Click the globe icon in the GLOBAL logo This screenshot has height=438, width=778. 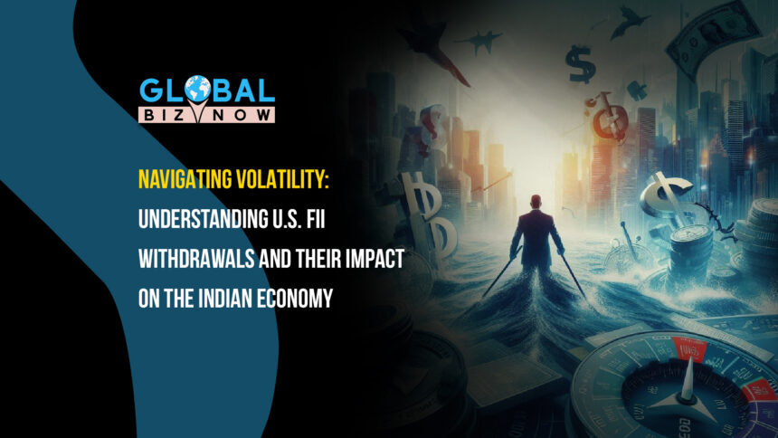pos(197,90)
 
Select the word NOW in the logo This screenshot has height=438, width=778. pos(242,116)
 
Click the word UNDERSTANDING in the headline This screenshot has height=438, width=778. pos(203,219)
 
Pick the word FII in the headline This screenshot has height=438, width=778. pos(315,219)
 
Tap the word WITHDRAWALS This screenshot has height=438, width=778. pos(196,259)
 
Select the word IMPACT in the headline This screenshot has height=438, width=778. pos(375,259)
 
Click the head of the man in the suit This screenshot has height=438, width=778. pos(536,202)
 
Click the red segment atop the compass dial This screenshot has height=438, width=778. pos(688,349)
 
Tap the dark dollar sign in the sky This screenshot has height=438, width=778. pos(580,64)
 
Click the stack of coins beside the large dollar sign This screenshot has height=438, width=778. pos(692,248)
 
